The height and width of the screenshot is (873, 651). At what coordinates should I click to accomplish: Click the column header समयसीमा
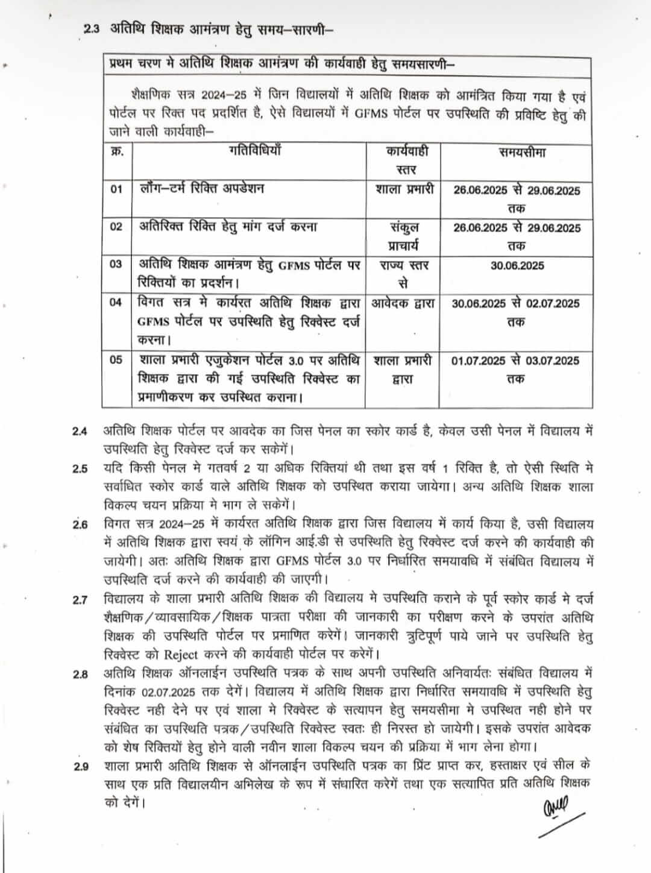pos(522,153)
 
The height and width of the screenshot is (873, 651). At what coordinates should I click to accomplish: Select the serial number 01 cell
pos(116,189)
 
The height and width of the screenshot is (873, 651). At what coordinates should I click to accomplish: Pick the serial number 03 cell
pos(116,264)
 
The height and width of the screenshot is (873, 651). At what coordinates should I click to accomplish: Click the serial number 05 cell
pos(116,360)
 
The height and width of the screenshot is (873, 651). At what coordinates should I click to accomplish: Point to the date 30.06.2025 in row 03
pos(517,265)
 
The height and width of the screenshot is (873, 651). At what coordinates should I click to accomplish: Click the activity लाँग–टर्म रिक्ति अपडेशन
pos(201,189)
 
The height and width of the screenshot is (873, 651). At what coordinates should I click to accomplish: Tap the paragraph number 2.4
pos(80,432)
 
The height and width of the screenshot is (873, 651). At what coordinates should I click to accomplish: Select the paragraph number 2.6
pos(80,525)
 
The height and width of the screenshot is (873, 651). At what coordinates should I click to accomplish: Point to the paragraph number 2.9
pos(80,767)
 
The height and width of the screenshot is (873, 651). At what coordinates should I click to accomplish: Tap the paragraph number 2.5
pos(80,469)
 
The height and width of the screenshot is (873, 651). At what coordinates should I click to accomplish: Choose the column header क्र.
pos(116,151)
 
